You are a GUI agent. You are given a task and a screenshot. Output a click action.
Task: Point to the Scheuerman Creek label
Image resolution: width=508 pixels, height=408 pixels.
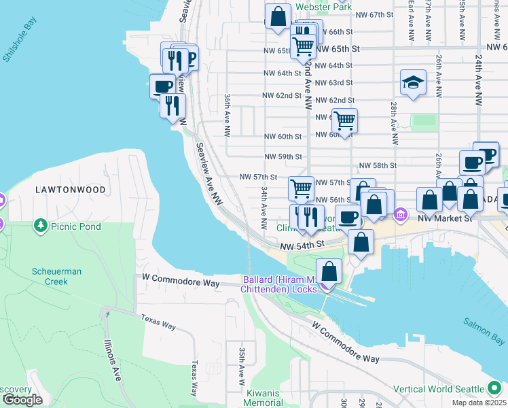pos(57,276)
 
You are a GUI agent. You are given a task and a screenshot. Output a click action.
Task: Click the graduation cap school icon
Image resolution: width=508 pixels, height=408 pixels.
pos(412,82)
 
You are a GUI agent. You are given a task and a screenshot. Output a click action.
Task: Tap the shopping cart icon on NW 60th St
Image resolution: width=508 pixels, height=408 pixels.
pos(345,121)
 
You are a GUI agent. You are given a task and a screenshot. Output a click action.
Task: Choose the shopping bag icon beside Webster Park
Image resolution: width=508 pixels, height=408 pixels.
pos(278,16)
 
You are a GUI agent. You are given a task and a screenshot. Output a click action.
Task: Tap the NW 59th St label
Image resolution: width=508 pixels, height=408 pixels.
pos(283,156)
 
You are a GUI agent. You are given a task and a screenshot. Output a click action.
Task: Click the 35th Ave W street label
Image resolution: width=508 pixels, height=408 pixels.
pos(241,365)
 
